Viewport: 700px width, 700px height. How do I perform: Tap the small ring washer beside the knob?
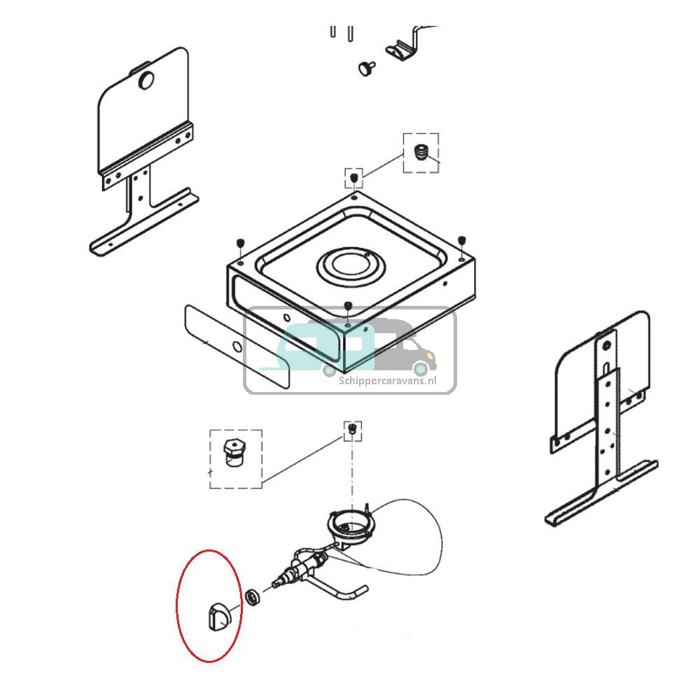pyautogui.click(x=254, y=597)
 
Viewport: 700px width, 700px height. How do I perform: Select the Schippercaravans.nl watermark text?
pyautogui.click(x=388, y=381)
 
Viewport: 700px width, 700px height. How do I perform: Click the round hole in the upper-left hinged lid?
pyautogui.click(x=146, y=80)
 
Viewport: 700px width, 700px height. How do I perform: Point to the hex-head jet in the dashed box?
pyautogui.click(x=234, y=453)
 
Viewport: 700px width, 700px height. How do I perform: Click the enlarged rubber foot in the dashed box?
pyautogui.click(x=420, y=152)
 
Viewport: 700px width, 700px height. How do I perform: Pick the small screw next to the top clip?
pyautogui.click(x=367, y=69)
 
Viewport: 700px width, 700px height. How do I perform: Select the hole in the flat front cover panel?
pyautogui.click(x=237, y=347)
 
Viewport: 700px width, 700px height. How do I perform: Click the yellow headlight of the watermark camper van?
pyautogui.click(x=430, y=356)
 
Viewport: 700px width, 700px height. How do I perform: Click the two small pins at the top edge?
pyautogui.click(x=342, y=32)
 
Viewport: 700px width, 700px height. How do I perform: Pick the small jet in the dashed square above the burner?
pyautogui.click(x=352, y=428)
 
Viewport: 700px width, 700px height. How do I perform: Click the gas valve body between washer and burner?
pyautogui.click(x=301, y=566)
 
